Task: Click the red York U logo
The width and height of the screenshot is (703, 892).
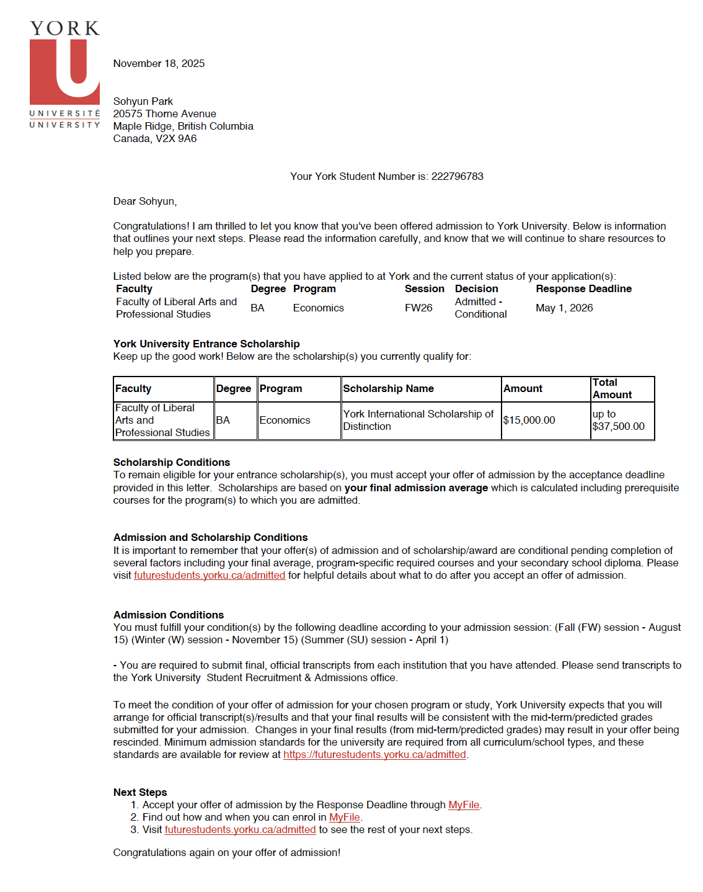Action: click(64, 71)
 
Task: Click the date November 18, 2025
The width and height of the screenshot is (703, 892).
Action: click(159, 63)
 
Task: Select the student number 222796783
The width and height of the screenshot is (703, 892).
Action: click(457, 176)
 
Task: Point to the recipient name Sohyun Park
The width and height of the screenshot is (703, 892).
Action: click(143, 101)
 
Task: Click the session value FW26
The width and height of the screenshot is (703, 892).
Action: click(418, 308)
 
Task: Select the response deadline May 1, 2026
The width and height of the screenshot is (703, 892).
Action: click(564, 308)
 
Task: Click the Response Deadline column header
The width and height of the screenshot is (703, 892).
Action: click(583, 288)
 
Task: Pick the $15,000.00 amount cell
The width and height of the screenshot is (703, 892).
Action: click(529, 420)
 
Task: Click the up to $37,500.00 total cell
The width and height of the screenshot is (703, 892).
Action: click(618, 420)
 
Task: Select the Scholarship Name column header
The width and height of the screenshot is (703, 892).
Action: click(388, 388)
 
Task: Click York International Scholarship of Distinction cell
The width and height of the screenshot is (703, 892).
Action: click(418, 420)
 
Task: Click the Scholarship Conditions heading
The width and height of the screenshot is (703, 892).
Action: click(171, 462)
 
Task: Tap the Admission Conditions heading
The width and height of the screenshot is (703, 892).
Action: click(168, 615)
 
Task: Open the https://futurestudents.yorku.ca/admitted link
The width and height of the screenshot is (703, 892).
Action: click(374, 754)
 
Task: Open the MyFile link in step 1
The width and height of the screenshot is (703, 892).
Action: click(464, 805)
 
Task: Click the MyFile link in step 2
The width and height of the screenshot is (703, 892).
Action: click(344, 817)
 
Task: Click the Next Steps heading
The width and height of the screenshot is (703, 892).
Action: click(140, 792)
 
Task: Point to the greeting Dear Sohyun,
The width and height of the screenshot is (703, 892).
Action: click(144, 201)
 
